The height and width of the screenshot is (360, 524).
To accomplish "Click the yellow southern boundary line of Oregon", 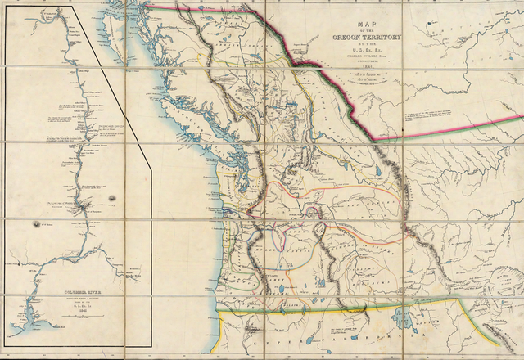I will point(327,310).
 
